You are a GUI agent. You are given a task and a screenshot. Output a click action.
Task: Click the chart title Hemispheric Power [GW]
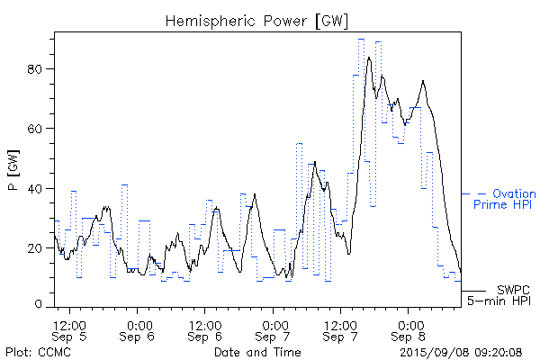257,20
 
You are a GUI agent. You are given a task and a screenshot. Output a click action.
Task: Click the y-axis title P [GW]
13,172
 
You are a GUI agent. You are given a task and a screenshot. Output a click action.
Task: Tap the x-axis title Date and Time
257,351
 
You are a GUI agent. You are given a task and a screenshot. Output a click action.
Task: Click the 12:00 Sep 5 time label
70,330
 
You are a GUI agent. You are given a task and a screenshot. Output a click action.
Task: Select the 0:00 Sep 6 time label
139,330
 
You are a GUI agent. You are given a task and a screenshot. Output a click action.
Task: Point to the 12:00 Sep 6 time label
205,330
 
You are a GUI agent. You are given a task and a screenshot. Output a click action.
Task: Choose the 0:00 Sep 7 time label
274,330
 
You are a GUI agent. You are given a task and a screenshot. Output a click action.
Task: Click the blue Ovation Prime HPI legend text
504,200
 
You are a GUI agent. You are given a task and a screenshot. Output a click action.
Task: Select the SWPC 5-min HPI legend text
502,294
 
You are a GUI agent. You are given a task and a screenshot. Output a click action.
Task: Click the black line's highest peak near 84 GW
369,58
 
